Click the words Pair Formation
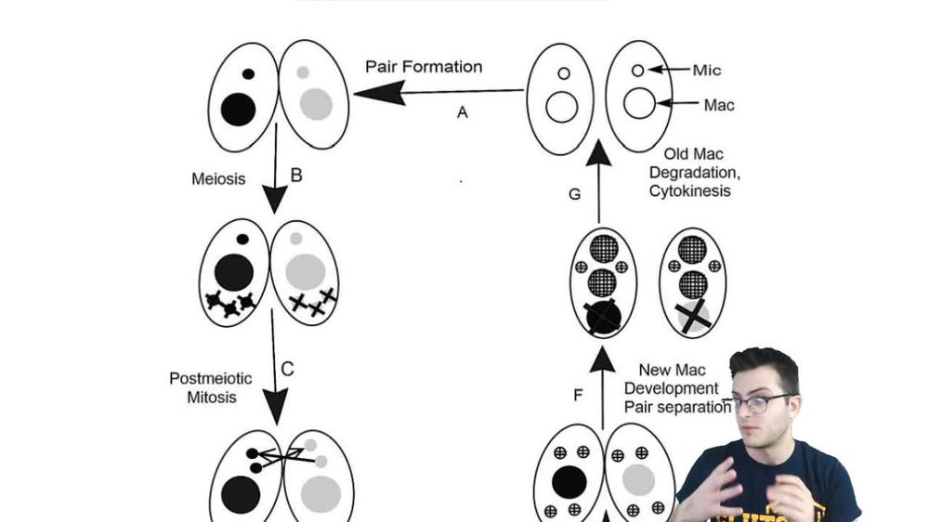424,67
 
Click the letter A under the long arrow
462,112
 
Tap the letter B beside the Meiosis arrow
296,174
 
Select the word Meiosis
220,177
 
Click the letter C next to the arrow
287,369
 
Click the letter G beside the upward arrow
573,194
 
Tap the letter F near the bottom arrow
578,395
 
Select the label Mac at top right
718,105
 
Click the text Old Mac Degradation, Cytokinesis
701,172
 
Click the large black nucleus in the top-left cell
238,109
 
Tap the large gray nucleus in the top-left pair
316,101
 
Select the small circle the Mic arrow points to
637,71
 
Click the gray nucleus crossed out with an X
693,317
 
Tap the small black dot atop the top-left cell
248,73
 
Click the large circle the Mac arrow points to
639,103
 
